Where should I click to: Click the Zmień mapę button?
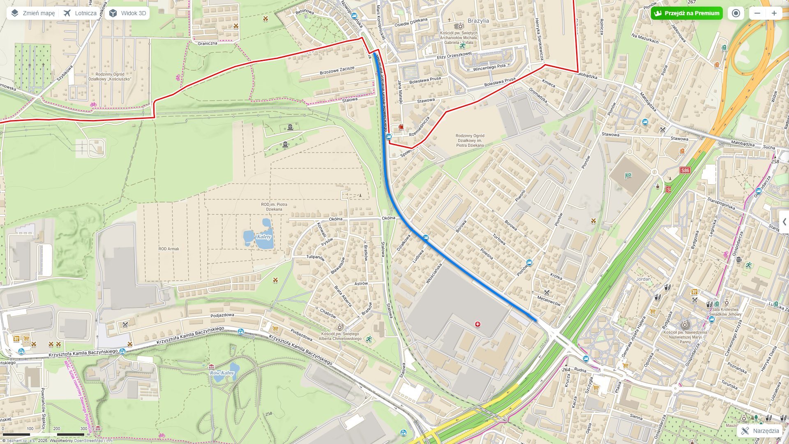point(32,13)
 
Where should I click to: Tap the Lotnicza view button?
point(80,13)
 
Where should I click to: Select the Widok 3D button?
point(127,13)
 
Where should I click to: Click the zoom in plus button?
point(774,13)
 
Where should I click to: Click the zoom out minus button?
point(757,13)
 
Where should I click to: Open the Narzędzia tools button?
point(760,431)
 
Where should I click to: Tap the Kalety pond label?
point(263,237)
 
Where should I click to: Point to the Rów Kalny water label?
point(222,373)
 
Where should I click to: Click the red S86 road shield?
point(685,170)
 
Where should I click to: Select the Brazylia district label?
point(478,21)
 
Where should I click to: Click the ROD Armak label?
point(168,249)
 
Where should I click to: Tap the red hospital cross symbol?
point(478,324)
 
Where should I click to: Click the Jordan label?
point(643,279)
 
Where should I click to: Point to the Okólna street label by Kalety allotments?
point(335,219)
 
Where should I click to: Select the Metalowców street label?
point(549,301)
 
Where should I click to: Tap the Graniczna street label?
point(207,43)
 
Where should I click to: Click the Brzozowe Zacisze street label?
point(337,70)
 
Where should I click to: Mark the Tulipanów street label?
point(315,258)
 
